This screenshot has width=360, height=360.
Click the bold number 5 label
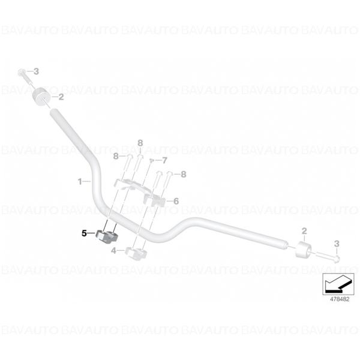coord(84,233)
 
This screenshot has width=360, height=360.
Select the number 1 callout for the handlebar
coord(80,182)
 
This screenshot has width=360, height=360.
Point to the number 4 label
coord(113,251)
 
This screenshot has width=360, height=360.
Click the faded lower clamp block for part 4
coord(136,253)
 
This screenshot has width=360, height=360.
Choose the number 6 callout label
coord(176,201)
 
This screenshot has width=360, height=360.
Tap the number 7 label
coord(165,160)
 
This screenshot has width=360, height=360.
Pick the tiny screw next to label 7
coord(151,160)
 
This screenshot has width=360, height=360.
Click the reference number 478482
coord(340,299)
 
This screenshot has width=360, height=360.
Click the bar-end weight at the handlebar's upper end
coord(42,97)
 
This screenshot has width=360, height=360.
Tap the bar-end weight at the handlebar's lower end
coord(303,250)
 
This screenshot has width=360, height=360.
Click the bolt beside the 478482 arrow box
coord(328,257)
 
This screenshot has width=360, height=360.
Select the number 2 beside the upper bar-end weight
coord(61,97)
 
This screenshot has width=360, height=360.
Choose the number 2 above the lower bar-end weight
coord(304,231)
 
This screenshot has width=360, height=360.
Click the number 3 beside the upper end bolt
coord(36,71)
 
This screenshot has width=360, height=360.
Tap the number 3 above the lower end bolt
coord(337,244)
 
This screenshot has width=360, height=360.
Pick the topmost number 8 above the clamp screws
coord(140,143)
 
